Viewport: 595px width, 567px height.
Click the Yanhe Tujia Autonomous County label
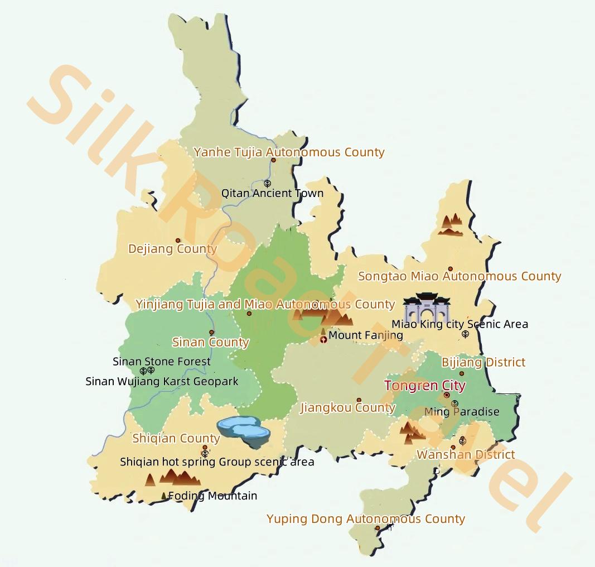coord(289,152)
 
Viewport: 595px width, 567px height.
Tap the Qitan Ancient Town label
coord(272,193)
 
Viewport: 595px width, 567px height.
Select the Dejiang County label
coord(172,249)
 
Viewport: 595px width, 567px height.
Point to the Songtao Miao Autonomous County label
coord(459,276)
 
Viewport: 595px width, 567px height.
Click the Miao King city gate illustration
coord(427,308)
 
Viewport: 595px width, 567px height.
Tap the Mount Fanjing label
coord(366,335)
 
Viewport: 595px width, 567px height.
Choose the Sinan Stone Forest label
coord(162,362)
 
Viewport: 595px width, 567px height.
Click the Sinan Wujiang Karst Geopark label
coord(162,382)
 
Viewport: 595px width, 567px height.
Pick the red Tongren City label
coord(425,386)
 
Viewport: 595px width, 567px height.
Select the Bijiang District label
coord(483,362)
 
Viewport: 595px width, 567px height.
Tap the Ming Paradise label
coord(462,412)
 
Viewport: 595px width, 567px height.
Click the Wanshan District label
coord(466,454)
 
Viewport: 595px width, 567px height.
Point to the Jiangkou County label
coord(348,408)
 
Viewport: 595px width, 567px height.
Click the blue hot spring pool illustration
coord(244,431)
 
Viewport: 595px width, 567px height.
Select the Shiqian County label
coord(176,439)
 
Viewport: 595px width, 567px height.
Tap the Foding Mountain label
coord(212,496)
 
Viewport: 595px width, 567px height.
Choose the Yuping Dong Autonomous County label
coord(366,519)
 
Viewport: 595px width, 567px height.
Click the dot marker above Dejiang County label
coord(178,241)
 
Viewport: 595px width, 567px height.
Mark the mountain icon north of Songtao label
coord(451,224)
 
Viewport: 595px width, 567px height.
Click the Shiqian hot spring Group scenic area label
coord(217,462)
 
